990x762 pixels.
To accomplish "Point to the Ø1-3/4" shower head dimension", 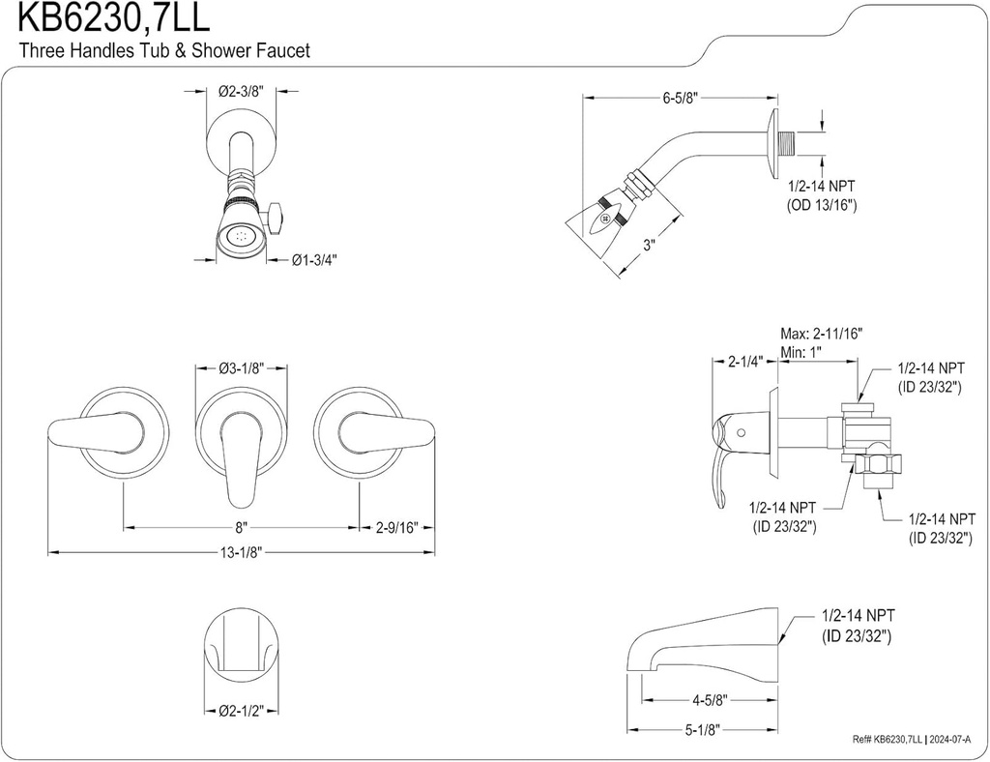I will point(314,259).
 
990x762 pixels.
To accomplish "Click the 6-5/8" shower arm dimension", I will point(681,98).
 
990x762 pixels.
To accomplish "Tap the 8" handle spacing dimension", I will point(241,528).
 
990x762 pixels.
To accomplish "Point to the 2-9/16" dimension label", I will point(396,528).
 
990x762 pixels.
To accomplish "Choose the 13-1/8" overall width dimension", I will point(242,552).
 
